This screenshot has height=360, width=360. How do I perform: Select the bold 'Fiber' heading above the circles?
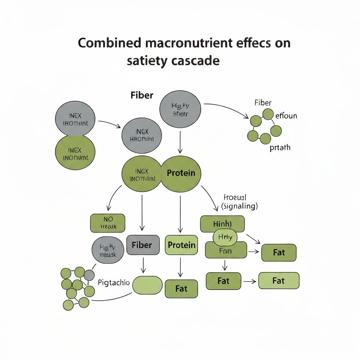[142, 95]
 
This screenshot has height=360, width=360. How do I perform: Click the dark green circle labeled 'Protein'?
[181, 173]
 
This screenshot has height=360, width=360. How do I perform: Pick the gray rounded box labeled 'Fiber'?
[142, 245]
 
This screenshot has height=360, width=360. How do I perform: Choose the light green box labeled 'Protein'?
[181, 245]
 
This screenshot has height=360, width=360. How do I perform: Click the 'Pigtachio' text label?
[114, 282]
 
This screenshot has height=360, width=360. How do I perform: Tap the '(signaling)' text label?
[240, 207]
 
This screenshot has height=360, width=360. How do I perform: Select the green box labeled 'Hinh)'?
[222, 224]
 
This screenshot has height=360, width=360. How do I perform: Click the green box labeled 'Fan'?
[225, 251]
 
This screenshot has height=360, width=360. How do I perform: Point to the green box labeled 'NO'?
[108, 223]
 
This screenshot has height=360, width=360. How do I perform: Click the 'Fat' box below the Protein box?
[181, 289]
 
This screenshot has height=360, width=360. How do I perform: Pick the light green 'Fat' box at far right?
[278, 281]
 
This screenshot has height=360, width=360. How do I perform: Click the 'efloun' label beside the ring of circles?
[286, 115]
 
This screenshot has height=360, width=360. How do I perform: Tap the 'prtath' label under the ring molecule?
[280, 147]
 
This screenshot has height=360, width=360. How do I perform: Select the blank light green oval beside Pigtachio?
[147, 285]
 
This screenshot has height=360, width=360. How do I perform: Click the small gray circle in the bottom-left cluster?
[89, 275]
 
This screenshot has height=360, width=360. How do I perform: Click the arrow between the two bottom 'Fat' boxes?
[250, 281]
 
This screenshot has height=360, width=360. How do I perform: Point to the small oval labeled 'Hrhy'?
[225, 238]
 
